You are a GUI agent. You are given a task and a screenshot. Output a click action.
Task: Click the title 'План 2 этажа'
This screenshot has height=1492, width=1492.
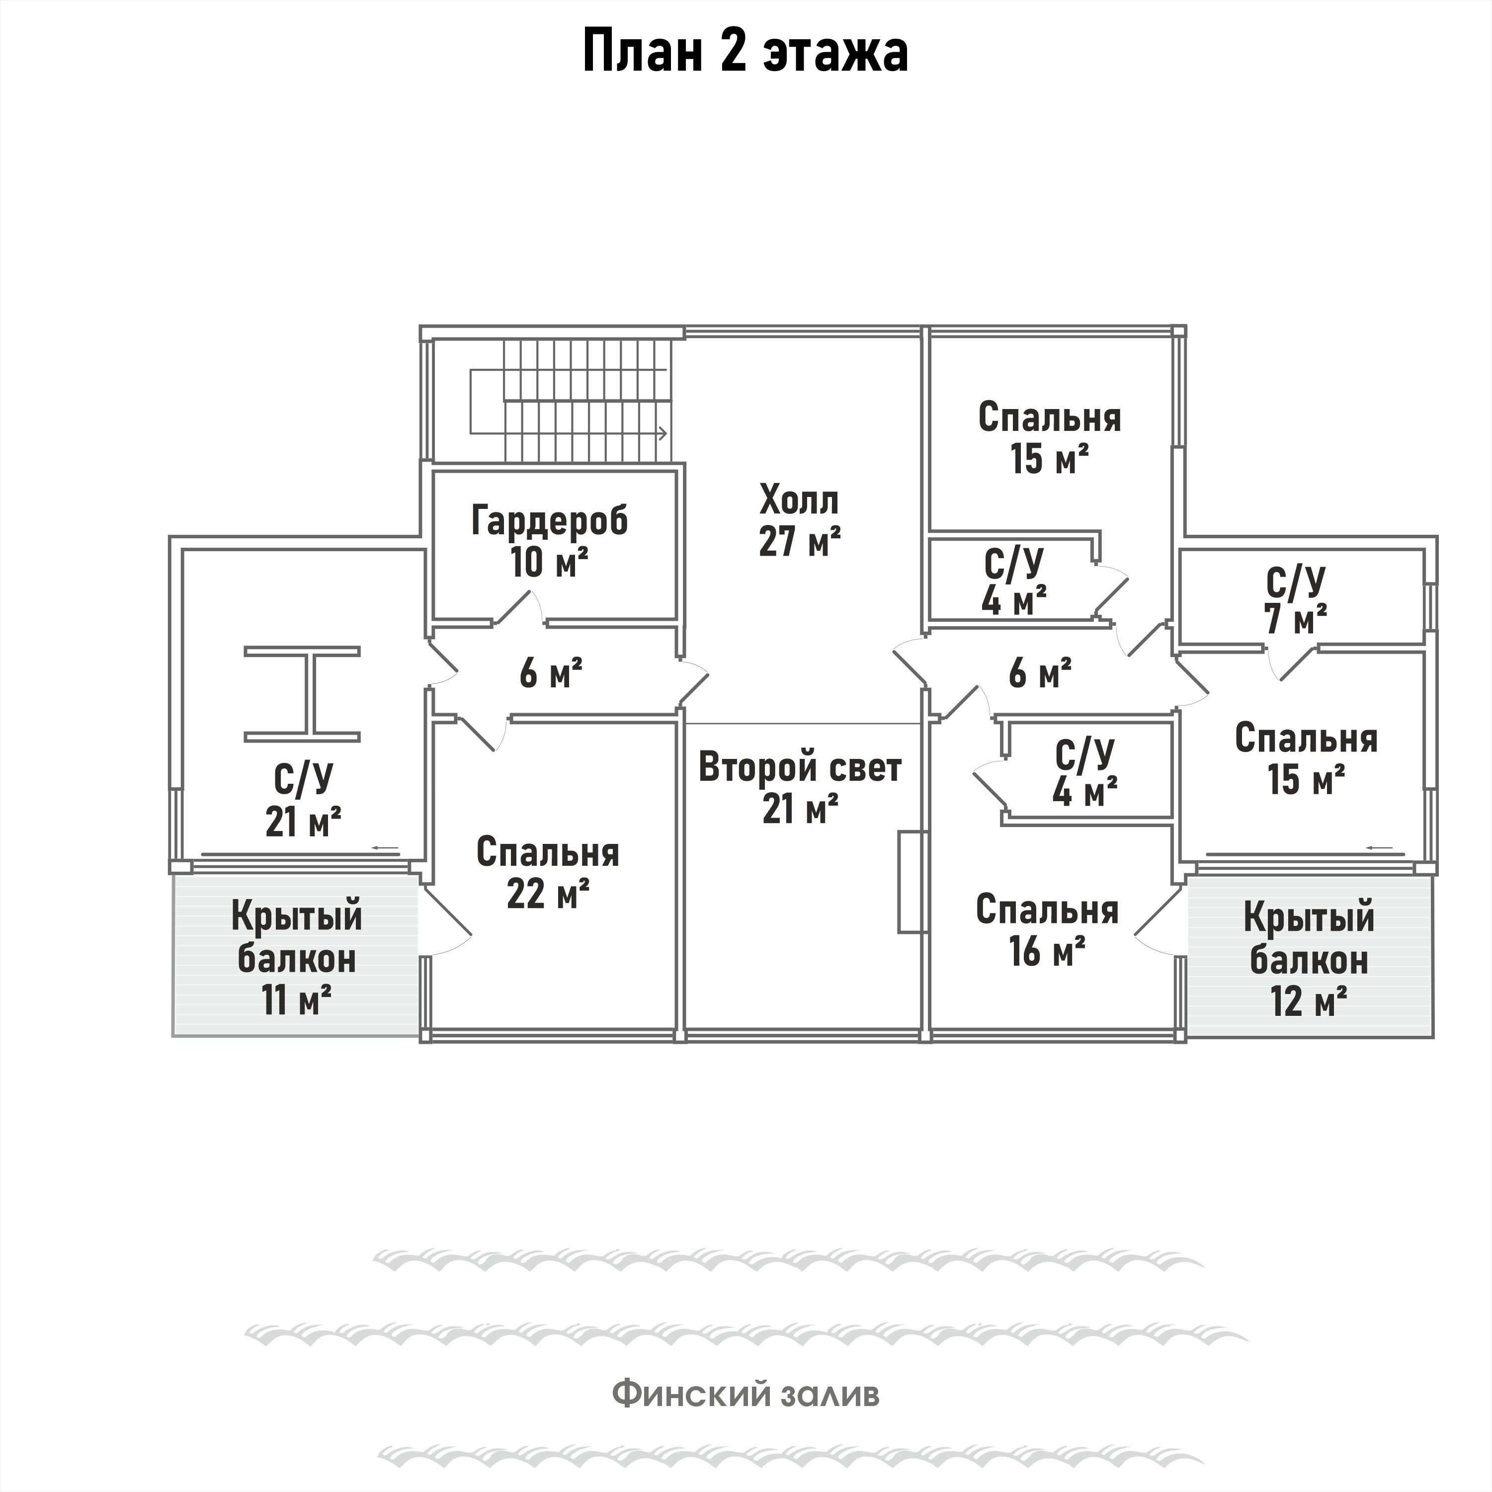745,53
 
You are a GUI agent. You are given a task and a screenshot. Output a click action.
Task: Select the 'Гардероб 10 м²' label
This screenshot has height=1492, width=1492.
549,541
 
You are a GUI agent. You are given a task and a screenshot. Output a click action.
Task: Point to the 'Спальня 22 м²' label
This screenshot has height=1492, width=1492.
548,873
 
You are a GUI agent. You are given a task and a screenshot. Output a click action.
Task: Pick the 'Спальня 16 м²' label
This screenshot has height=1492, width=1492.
1046,930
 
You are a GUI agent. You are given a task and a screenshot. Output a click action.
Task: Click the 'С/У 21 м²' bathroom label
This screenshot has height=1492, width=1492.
303,800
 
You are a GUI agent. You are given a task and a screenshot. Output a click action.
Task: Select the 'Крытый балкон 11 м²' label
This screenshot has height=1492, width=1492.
297,958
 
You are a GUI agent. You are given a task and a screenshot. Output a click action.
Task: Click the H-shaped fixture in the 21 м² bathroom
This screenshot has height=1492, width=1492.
303,693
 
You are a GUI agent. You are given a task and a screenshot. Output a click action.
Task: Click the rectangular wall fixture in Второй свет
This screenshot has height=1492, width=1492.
912,881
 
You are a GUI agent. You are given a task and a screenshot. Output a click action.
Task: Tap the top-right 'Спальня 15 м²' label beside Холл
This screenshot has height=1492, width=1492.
1049,437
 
